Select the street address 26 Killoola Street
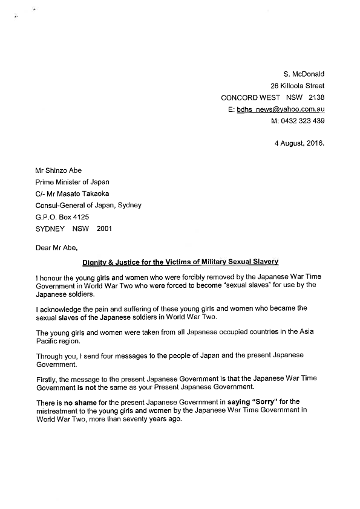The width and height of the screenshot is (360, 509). [x=297, y=85]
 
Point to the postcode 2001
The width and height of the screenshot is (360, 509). [x=103, y=229]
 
